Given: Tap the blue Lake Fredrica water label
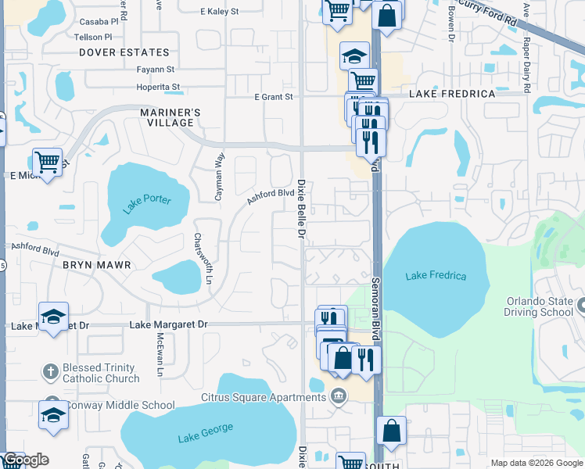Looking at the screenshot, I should (436, 276).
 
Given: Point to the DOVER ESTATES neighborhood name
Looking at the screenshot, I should (124, 52).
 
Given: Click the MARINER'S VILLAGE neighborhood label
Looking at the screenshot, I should (170, 117).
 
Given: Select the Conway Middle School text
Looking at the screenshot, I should (121, 405).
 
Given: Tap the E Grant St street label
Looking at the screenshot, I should (273, 97).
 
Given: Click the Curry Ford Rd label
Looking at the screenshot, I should (488, 14).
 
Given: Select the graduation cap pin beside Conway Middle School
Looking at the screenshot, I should (53, 415).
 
